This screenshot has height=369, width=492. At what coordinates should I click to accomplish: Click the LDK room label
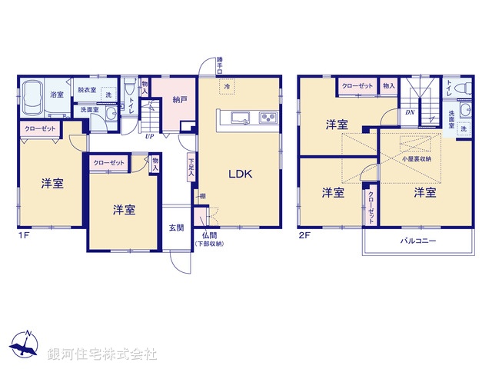click(240, 173)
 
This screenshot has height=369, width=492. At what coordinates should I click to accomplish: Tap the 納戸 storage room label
click(180, 100)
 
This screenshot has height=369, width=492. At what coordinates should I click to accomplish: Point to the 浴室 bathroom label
click(57, 95)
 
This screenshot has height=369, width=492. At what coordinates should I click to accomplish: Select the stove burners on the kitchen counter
click(268, 118)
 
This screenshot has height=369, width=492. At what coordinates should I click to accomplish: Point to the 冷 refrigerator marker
click(227, 88)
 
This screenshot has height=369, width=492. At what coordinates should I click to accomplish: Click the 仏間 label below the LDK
click(208, 235)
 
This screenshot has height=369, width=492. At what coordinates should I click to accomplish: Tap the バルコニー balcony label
click(417, 241)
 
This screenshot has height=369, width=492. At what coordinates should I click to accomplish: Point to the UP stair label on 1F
click(149, 136)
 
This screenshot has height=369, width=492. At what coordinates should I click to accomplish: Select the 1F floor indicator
click(24, 236)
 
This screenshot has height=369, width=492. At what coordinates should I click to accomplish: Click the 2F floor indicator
click(304, 236)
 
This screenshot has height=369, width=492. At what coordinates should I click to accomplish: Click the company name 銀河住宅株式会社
click(102, 354)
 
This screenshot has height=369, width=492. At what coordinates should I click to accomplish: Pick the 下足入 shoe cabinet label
click(191, 168)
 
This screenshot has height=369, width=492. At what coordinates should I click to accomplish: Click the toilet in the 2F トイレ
click(461, 91)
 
